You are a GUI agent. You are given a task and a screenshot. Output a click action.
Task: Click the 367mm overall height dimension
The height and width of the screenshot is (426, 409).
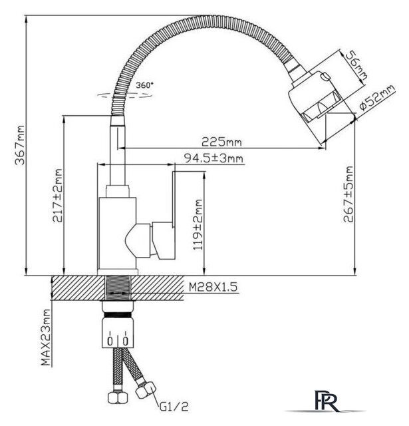pos(20,145)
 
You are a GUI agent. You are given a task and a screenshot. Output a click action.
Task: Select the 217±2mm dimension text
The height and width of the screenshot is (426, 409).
pos(58,195)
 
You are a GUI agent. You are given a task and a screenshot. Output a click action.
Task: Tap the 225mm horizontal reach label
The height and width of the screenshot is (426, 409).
pos(221,142)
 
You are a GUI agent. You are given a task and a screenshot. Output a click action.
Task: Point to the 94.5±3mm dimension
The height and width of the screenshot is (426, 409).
pos(214,158)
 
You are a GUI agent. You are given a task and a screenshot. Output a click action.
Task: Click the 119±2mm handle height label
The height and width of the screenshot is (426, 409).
pos(198,225)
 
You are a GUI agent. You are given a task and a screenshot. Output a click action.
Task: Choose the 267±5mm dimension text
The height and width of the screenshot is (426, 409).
pos(348,194)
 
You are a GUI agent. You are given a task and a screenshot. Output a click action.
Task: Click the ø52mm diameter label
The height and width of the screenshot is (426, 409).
pos(377,97)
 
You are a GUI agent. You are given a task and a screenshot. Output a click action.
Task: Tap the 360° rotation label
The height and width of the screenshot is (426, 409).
pos(145,85)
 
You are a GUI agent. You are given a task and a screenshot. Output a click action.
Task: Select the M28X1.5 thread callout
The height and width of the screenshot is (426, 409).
pos(213,287)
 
